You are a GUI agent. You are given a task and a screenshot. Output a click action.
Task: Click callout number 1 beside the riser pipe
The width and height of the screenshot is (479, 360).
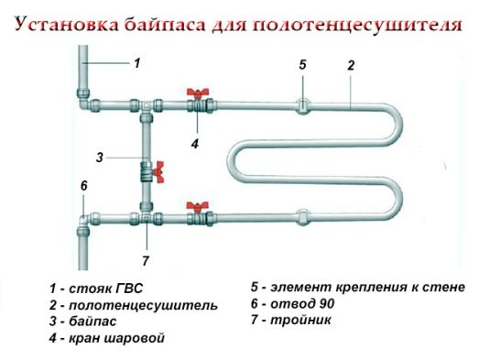136,63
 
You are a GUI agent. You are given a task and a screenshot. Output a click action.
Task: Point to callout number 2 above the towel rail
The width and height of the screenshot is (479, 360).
350,66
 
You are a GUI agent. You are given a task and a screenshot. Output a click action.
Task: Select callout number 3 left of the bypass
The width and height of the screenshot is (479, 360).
99,157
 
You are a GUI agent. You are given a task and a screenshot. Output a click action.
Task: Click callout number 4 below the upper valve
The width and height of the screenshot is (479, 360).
194,144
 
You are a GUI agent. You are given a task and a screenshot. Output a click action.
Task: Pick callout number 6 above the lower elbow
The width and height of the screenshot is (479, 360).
83,186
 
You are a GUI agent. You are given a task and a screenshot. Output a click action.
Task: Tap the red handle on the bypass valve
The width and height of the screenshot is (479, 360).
158,169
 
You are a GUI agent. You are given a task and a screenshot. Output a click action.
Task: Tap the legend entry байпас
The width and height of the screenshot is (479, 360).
101,322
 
